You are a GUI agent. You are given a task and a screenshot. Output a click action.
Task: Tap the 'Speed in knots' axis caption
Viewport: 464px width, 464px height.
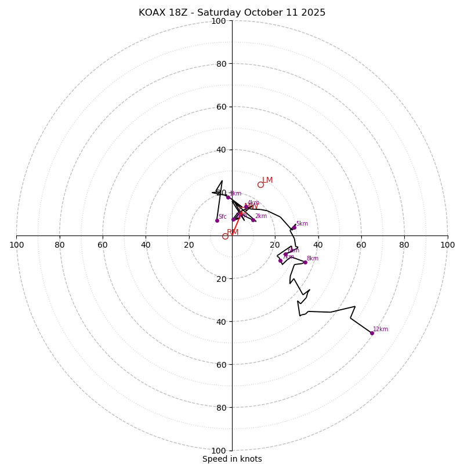tap(232, 459)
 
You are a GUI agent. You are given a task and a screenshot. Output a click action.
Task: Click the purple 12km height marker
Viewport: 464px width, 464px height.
tap(372, 333)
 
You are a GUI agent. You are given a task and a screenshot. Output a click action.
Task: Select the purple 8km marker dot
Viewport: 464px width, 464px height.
tap(305, 262)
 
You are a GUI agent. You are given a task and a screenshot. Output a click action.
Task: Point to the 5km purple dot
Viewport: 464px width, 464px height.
tap(294, 227)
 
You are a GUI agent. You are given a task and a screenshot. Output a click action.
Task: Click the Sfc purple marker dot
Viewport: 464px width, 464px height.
tap(217, 220)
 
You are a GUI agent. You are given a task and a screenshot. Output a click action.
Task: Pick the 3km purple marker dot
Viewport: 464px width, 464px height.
tap(228, 197)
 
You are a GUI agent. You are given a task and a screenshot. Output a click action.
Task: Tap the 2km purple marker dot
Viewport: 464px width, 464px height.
tap(253, 220)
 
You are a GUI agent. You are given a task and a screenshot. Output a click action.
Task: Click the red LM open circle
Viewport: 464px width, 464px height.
tap(260, 184)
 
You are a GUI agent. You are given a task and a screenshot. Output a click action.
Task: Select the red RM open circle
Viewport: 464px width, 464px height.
tap(225, 236)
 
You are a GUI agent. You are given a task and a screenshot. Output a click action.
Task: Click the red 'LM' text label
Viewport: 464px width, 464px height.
tap(267, 180)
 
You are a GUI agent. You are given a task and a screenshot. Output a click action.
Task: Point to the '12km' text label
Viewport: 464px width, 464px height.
tap(380, 329)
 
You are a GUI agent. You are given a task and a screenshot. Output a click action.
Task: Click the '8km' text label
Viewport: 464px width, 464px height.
tap(313, 259)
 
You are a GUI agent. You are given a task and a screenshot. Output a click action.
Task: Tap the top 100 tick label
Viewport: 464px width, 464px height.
tap(219, 21)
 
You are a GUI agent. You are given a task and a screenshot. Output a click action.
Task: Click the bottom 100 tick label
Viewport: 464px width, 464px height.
tap(219, 450)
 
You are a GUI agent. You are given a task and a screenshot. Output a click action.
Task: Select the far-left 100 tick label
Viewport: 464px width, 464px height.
tap(16, 245)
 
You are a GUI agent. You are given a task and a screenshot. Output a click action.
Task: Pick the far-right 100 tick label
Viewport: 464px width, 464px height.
tap(447, 245)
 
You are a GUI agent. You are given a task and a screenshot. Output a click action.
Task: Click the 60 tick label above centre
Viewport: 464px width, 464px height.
tap(221, 107)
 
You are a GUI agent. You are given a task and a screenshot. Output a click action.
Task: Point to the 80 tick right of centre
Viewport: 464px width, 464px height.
tap(404, 245)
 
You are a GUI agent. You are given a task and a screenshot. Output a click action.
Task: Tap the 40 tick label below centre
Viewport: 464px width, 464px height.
tap(221, 321)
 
